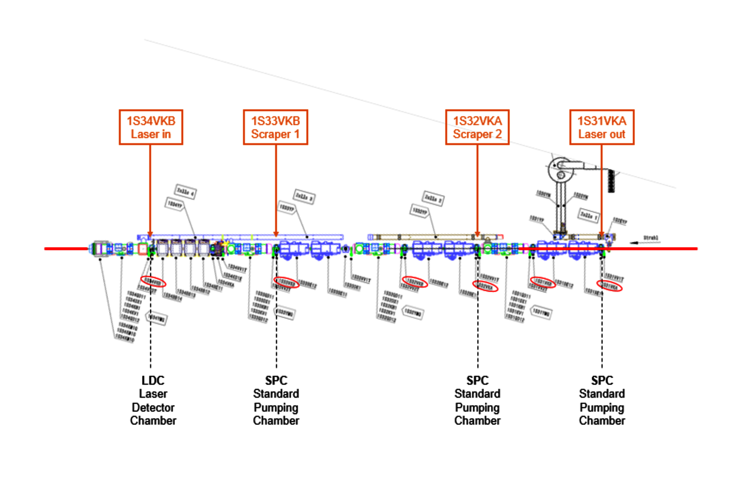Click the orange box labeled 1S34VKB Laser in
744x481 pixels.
[151, 127]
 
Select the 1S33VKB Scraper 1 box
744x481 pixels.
[275, 127]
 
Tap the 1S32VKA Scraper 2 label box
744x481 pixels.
[477, 127]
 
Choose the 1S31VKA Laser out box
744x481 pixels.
[602, 127]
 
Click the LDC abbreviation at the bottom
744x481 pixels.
[153, 380]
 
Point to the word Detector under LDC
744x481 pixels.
[153, 408]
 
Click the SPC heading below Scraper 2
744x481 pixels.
[477, 380]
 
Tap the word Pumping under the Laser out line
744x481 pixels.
[602, 408]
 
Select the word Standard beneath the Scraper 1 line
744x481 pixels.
[276, 394]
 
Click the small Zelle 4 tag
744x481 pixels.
[185, 192]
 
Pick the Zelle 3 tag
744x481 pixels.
[305, 196]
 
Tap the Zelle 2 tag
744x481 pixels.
[433, 198]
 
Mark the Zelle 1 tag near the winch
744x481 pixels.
[589, 216]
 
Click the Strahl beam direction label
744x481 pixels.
[650, 238]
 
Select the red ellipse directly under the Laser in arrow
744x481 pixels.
[153, 281]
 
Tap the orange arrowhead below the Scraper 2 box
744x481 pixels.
[477, 234]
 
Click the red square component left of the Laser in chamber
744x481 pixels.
[142, 249]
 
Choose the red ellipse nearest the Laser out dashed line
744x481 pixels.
[610, 286]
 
